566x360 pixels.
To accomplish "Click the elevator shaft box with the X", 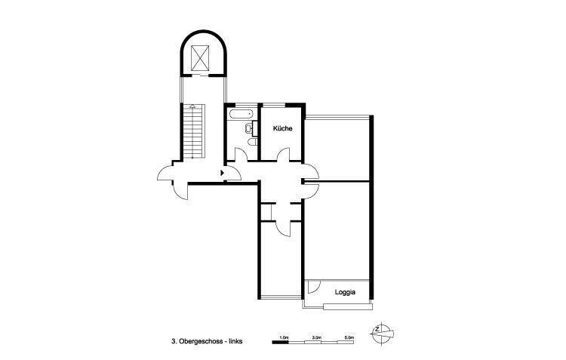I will click(x=201, y=57).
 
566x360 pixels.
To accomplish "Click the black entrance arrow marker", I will click(x=222, y=173).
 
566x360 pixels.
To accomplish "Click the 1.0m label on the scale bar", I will click(x=284, y=337).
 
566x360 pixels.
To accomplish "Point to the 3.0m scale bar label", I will click(x=316, y=337).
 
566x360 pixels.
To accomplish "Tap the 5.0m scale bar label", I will click(x=349, y=337).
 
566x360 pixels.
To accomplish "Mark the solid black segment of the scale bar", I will click(x=280, y=343).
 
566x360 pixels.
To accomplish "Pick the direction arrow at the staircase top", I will click(x=192, y=106).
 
